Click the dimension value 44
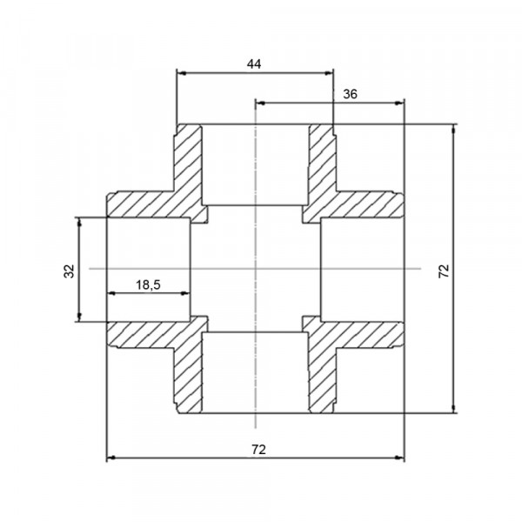254,64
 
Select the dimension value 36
350,95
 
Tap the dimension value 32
70,271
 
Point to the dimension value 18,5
148,285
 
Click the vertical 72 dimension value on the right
444,271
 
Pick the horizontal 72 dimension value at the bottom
258,450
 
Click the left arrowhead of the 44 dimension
181,73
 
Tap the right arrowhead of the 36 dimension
399,104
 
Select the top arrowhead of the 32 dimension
79,222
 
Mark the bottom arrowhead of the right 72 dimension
453,409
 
